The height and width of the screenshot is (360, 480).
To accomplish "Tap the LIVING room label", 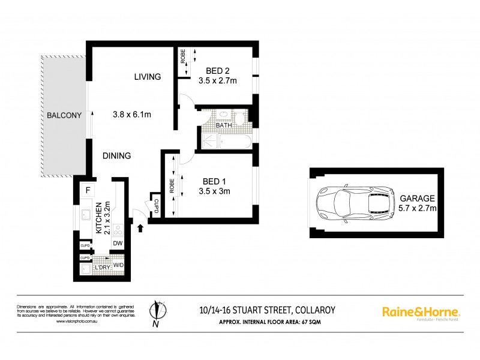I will pyautogui.click(x=148, y=77).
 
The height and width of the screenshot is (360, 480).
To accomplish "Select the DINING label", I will pyautogui.click(x=116, y=156).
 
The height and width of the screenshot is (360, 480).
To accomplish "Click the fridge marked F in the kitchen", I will pyautogui.click(x=88, y=190).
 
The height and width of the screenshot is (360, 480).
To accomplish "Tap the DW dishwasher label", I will pyautogui.click(x=118, y=243).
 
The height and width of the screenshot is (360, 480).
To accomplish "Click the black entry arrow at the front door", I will pyautogui.click(x=141, y=228).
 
